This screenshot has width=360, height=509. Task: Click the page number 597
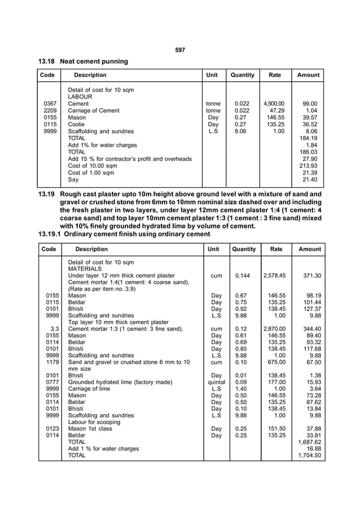[180, 50]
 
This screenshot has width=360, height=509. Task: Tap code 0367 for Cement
[50, 104]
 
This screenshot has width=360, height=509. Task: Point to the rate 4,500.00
[274, 104]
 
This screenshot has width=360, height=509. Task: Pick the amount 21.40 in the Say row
[310, 179]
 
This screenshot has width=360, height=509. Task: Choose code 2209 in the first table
[50, 111]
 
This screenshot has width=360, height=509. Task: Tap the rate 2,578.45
[275, 275]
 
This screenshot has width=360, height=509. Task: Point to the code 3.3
[55, 328]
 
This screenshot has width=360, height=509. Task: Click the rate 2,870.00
[275, 328]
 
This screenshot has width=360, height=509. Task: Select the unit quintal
[216, 382]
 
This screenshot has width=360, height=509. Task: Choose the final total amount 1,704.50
[309, 455]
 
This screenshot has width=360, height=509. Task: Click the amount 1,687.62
[309, 442]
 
